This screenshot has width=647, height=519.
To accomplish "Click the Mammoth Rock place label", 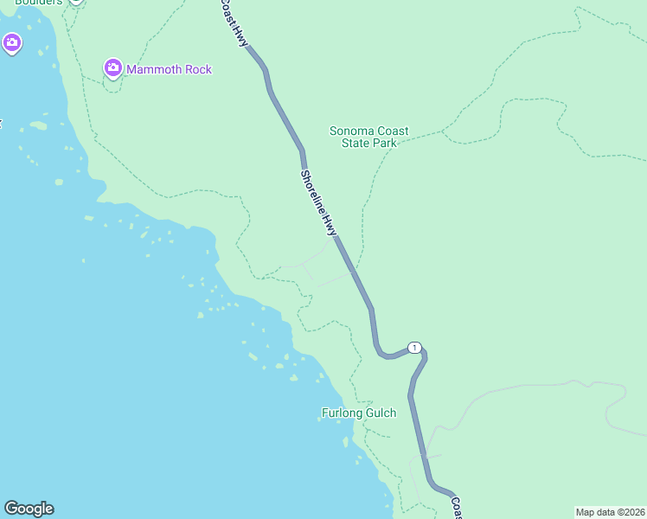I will tap(169, 69).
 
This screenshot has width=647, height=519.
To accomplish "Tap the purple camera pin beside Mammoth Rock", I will tap(112, 67).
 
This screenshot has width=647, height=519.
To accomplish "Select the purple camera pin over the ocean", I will tap(11, 42).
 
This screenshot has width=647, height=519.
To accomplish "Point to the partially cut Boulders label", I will tap(38, 3).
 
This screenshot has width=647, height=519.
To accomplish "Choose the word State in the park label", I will tap(356, 143).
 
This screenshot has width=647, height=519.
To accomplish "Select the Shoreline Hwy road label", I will tap(317, 202).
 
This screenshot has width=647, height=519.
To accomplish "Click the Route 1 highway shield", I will tap(415, 348).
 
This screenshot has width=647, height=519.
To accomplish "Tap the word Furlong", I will tap(341, 413).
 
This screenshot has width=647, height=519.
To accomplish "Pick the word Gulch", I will tap(380, 413).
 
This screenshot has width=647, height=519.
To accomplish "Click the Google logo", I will tap(29, 509).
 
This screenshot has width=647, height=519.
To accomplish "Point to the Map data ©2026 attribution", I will tap(610, 512).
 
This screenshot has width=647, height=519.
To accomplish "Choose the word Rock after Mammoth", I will tap(198, 69).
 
